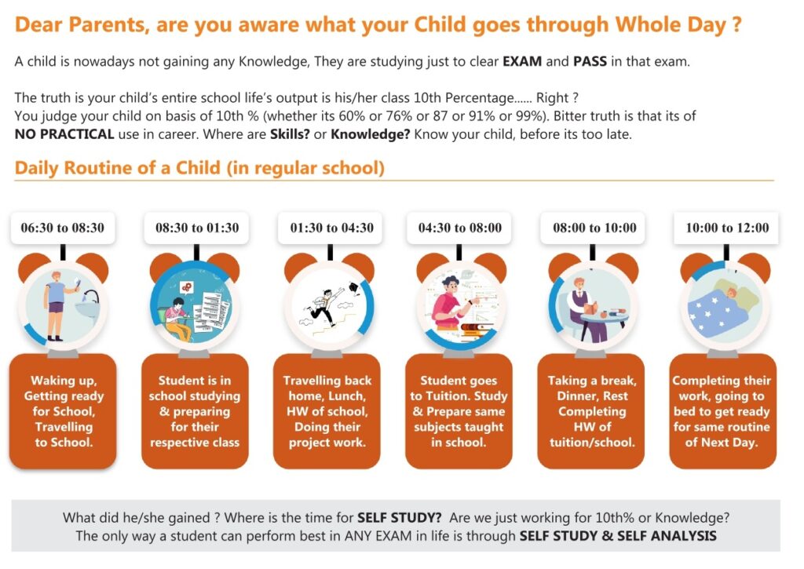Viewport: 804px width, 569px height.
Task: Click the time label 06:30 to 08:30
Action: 63,228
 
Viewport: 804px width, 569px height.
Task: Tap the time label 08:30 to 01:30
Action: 197,228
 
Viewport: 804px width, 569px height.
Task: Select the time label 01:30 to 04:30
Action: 332,228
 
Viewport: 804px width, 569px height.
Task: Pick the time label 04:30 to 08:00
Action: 460,228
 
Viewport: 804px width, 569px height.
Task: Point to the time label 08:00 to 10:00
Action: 594,228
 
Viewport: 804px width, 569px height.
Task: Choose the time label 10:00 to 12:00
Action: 727,228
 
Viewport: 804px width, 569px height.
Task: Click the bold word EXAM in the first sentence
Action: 522,61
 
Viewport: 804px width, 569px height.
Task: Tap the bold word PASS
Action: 590,61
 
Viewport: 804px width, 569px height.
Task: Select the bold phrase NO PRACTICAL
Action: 64,134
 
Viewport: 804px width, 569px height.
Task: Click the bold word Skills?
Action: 290,134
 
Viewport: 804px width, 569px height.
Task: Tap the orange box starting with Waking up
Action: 63,411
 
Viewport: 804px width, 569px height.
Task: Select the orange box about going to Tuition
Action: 459,411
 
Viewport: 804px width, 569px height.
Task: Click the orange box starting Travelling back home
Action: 327,411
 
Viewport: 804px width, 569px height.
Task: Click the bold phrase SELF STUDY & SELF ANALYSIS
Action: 618,536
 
